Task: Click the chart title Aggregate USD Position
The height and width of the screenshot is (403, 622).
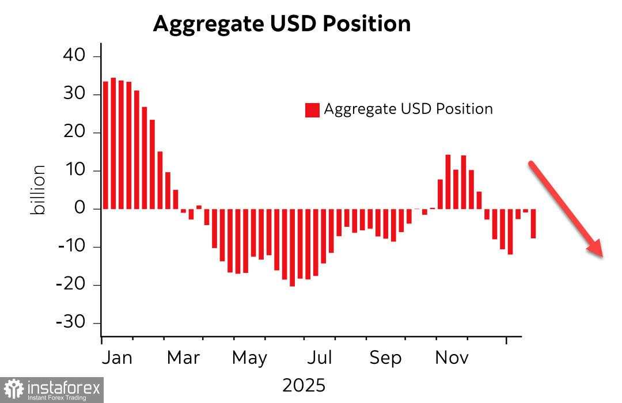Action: pos(282,24)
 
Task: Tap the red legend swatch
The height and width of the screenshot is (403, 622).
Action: pos(312,109)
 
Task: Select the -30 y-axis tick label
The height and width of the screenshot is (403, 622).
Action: pos(70,322)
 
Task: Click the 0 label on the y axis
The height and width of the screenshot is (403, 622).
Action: pos(79,208)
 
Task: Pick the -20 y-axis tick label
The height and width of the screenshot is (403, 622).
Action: pos(70,284)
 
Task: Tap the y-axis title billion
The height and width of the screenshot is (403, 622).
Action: pos(38,190)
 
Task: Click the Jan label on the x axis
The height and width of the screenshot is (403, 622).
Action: pos(117,358)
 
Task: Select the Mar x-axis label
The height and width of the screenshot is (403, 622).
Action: pos(183,358)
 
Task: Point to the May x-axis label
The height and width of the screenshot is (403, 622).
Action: pos(249,358)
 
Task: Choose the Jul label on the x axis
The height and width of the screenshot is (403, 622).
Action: pos(319,358)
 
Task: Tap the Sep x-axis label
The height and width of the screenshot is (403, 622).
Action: pos(385,358)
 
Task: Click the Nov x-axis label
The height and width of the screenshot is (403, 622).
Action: pos(452,358)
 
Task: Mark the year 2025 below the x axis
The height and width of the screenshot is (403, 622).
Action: pos(304,385)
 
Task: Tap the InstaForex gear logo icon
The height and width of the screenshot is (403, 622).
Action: pos(13,390)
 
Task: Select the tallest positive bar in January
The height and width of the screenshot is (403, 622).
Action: pos(113,143)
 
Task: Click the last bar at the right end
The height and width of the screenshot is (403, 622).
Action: pos(533,223)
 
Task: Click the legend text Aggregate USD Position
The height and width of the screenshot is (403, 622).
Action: pos(408,109)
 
